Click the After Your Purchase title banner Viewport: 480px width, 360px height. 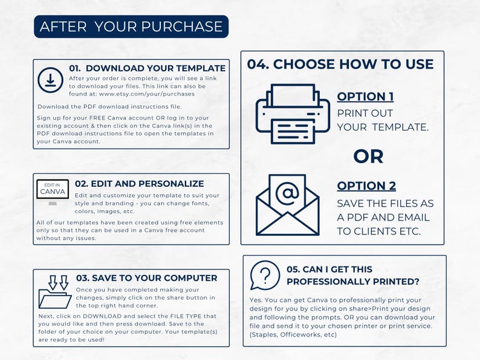(131, 27)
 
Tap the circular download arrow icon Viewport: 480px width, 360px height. (51, 80)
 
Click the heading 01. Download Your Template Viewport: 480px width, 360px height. (148, 68)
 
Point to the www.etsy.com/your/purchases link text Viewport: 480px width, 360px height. (147, 94)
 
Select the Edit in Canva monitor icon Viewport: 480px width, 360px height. (53, 192)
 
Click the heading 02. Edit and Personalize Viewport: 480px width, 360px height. (139, 184)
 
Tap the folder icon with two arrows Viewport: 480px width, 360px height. (55, 292)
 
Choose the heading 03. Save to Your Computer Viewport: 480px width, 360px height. (147, 278)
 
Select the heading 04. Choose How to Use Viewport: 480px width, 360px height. (340, 64)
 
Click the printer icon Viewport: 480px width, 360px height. (293, 114)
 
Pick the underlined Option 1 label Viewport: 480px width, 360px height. (365, 97)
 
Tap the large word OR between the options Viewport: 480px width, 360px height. (368, 156)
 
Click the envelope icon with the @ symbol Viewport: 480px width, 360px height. (287, 205)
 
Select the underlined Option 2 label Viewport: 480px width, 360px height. (366, 186)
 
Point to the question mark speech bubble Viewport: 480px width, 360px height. (265, 275)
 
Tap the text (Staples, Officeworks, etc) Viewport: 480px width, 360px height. (293, 335)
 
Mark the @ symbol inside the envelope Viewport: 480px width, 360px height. (287, 193)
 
